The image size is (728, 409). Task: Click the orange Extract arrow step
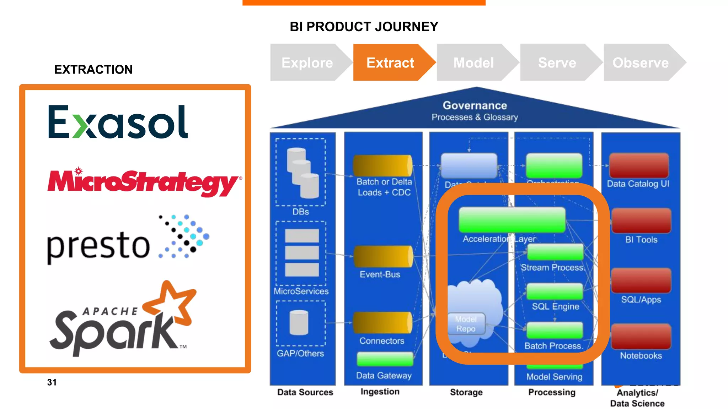click(390, 63)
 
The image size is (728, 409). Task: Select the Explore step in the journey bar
click(307, 63)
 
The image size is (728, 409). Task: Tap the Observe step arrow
click(641, 63)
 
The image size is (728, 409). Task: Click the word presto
click(98, 246)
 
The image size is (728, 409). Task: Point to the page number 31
click(52, 382)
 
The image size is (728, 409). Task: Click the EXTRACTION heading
click(93, 70)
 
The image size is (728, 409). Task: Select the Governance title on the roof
click(475, 105)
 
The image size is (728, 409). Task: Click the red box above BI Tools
click(641, 220)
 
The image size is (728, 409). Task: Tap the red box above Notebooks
click(641, 336)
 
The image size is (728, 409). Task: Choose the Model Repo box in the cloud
click(466, 324)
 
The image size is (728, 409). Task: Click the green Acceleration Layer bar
click(512, 220)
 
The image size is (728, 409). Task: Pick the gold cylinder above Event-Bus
click(383, 256)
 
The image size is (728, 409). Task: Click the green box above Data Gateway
click(385, 359)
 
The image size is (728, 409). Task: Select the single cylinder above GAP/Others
click(299, 322)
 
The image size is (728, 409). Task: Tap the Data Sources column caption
click(305, 392)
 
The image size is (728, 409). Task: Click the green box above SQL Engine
click(555, 291)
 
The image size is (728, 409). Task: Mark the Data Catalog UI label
click(638, 184)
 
